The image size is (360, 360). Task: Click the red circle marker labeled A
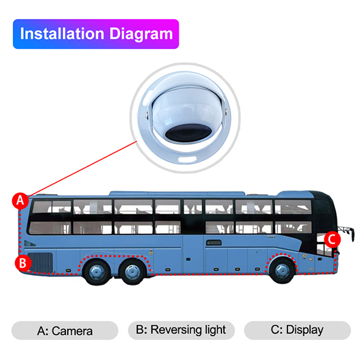pos(20,201)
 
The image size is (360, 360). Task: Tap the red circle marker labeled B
pos(23,263)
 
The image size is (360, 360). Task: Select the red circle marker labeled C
pos(333,239)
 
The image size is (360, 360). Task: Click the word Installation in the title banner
pos(62,34)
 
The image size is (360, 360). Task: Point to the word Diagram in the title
pos(141,34)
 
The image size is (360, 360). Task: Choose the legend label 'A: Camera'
pos(65,331)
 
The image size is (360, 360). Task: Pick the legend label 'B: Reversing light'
pos(181,330)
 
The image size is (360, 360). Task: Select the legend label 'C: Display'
pos(297,330)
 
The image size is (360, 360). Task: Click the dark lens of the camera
pos(188,132)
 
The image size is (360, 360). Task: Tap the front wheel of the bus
pos(282,270)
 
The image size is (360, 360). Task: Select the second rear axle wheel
pos(132,272)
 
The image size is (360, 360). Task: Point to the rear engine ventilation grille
pos(40,262)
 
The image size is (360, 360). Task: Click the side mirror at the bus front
pos(346,233)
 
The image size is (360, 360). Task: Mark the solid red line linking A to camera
pos(82,169)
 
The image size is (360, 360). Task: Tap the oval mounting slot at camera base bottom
pos(187,159)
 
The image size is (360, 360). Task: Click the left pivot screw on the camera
pos(147,115)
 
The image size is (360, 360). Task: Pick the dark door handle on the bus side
pos(214,242)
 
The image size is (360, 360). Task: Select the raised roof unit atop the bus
pos(177,193)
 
